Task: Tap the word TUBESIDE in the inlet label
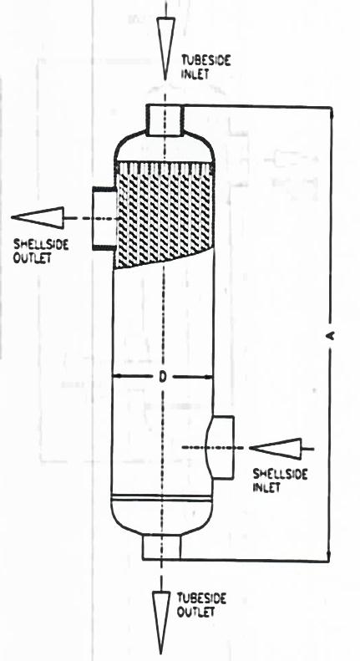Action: coord(205,60)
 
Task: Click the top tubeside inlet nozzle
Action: coord(165,119)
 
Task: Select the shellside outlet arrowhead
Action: coord(38,218)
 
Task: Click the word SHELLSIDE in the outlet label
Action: coord(40,245)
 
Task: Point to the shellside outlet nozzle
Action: coord(104,218)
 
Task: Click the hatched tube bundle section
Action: coord(164,213)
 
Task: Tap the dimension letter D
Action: coord(162,377)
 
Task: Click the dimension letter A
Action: coord(331,335)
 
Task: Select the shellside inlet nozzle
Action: coord(221,447)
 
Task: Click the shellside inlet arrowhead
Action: coord(276,449)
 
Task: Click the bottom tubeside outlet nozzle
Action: coord(162,547)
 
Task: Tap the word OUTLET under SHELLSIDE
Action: coord(32,257)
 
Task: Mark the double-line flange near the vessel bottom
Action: coord(161,498)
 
